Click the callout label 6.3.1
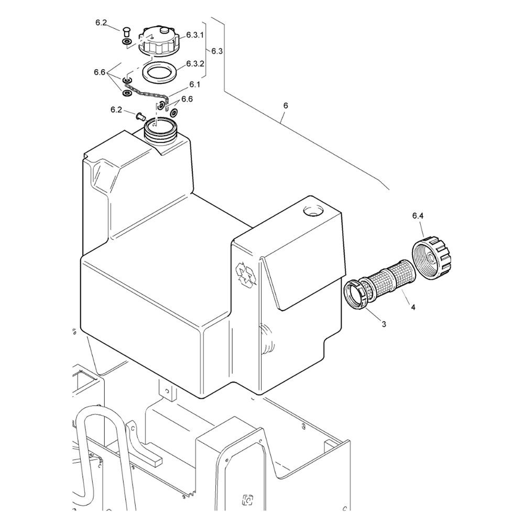click(195, 35)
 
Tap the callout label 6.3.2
click(195, 64)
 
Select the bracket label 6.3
click(217, 51)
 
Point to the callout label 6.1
click(194, 84)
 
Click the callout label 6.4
click(418, 216)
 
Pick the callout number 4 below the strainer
click(413, 307)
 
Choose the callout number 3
click(384, 324)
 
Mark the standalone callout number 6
click(286, 106)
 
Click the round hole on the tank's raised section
click(313, 211)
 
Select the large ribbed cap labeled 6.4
click(433, 256)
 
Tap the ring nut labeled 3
click(357, 294)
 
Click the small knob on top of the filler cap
click(164, 30)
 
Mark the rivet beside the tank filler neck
click(140, 116)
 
